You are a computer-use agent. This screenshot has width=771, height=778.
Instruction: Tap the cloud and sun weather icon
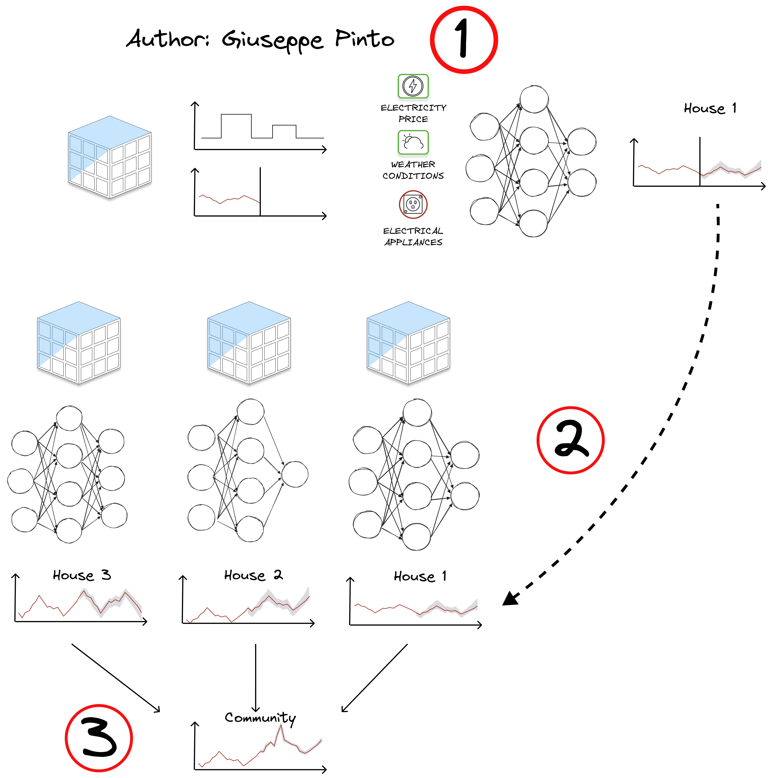point(413,142)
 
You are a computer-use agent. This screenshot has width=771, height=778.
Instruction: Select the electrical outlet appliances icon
point(413,204)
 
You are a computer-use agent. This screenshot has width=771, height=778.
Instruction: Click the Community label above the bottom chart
point(260,718)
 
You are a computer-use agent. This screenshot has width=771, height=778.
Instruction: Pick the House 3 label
point(82,575)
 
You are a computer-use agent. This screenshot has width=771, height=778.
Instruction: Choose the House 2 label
point(253,575)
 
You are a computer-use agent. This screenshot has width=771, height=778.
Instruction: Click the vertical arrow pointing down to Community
point(255,678)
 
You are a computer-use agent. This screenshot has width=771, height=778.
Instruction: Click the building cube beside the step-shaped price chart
point(109,157)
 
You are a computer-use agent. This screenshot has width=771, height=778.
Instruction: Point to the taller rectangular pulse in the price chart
point(236,126)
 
